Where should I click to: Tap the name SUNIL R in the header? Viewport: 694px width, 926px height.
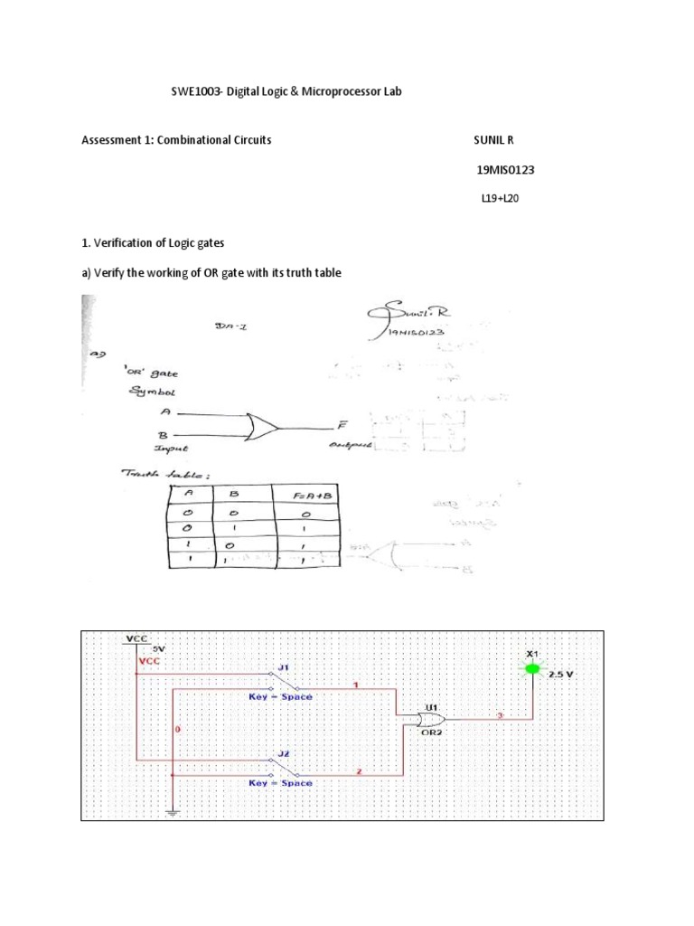(x=499, y=140)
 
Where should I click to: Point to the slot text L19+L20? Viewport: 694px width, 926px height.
(x=501, y=199)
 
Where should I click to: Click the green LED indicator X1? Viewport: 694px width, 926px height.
(x=532, y=669)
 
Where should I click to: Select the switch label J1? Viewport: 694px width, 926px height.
(x=283, y=667)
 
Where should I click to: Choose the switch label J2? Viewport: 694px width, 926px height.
(x=283, y=753)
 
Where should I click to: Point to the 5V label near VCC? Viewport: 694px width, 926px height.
(x=157, y=648)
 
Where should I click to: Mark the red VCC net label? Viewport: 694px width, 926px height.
(x=149, y=661)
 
